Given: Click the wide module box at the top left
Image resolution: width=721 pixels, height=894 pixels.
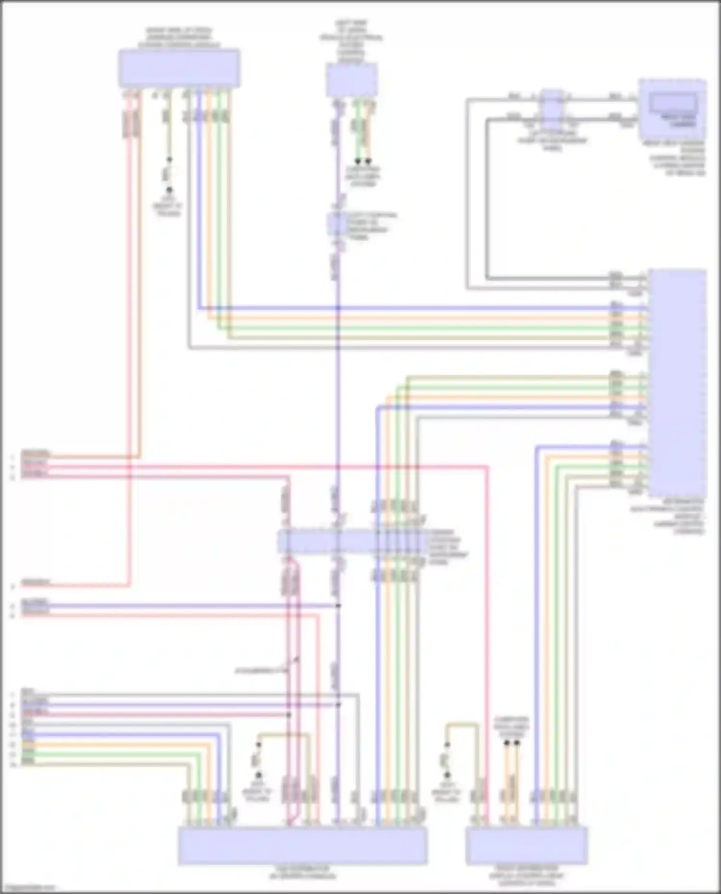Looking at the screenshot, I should pyautogui.click(x=179, y=68).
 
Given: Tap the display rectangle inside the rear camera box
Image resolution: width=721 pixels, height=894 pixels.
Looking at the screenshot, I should pyautogui.click(x=672, y=102).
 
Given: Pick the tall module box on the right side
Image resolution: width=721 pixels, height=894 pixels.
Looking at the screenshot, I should pyautogui.click(x=677, y=383).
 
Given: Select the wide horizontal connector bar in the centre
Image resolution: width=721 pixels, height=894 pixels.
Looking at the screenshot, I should pyautogui.click(x=351, y=542).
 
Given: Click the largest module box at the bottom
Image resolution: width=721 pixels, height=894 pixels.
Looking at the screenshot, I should pyautogui.click(x=302, y=845).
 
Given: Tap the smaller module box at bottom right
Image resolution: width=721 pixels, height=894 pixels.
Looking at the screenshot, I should pyautogui.click(x=526, y=845).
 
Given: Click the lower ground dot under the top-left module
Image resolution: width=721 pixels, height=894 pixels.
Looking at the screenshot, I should pyautogui.click(x=169, y=190).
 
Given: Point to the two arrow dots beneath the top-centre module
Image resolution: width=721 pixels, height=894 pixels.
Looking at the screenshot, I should pyautogui.click(x=363, y=161).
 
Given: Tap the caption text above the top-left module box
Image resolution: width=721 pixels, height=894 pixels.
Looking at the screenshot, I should pyautogui.click(x=179, y=37).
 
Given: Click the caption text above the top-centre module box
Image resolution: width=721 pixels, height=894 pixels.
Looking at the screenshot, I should pyautogui.click(x=351, y=42).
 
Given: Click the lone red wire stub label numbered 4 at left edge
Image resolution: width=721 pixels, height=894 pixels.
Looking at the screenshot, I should pyautogui.click(x=36, y=584).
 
